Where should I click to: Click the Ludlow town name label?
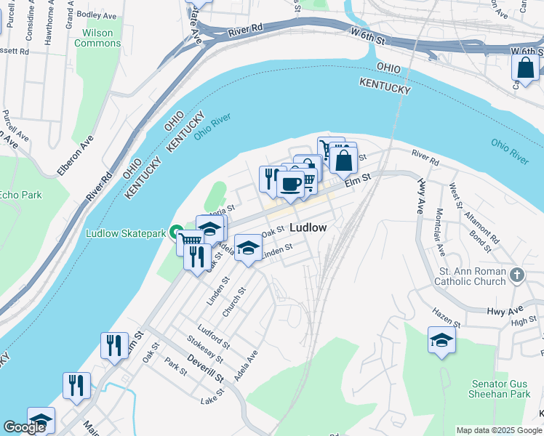pyautogui.click(x=308, y=227)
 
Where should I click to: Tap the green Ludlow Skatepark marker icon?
pyautogui.click(x=175, y=233)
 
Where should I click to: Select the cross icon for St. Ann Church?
pyautogui.click(x=516, y=275)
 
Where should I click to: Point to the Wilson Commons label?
pyautogui.click(x=97, y=38)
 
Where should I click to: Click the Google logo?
pyautogui.click(x=24, y=427)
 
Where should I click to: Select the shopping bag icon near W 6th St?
pyautogui.click(x=526, y=68)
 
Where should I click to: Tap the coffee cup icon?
pyautogui.click(x=291, y=184)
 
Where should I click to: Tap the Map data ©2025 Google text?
pyautogui.click(x=500, y=430)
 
